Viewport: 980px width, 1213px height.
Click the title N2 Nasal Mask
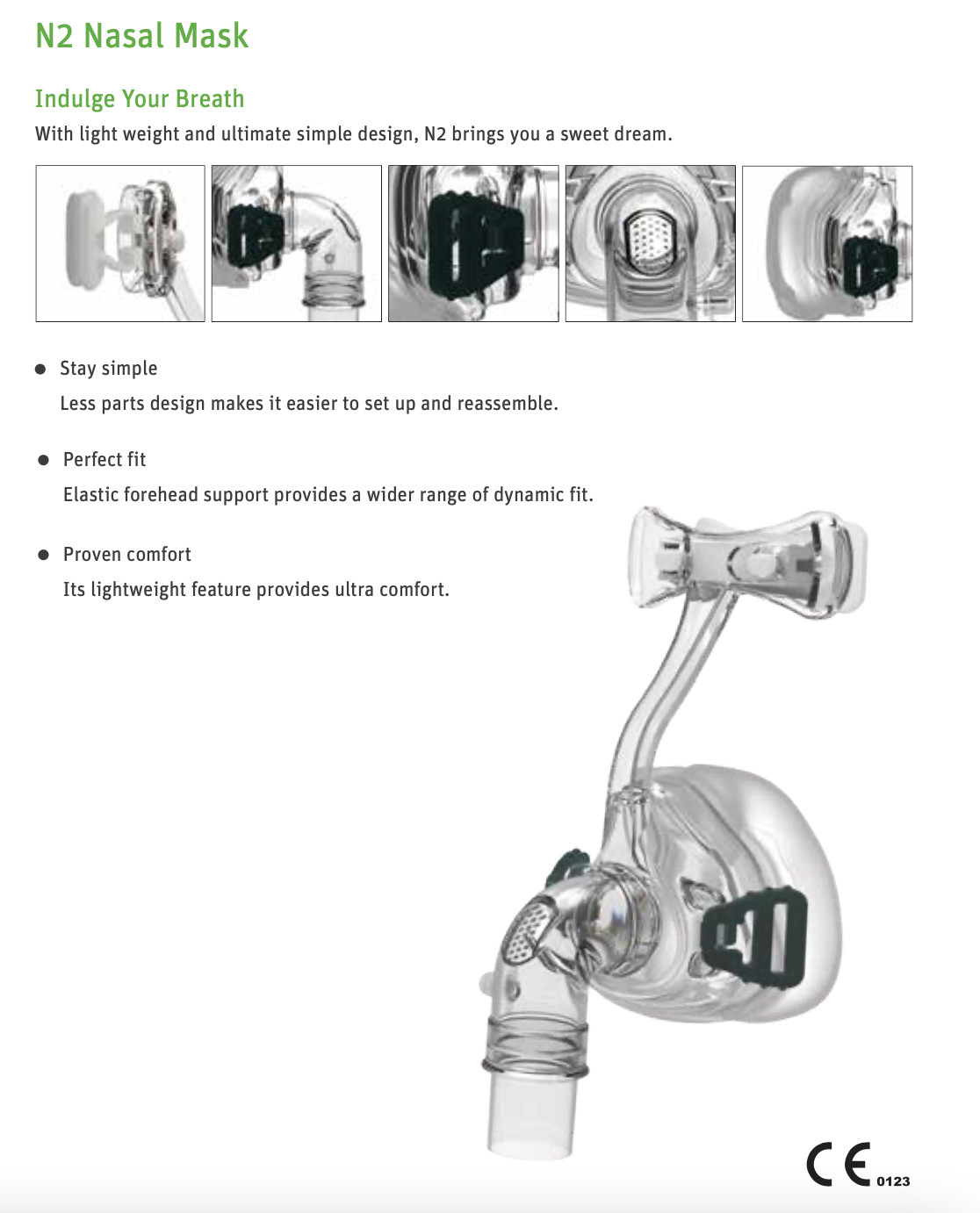point(142,37)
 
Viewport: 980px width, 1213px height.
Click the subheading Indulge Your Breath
point(140,99)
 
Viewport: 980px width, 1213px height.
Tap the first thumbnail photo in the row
point(120,244)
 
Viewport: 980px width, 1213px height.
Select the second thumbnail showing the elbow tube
point(296,244)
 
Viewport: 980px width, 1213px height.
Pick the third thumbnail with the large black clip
point(473,244)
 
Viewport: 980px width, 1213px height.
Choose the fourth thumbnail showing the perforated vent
point(650,244)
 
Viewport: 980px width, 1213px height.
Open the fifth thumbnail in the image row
point(826,244)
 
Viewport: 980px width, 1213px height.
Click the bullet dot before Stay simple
point(40,370)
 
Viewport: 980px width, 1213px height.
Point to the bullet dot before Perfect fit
point(43,460)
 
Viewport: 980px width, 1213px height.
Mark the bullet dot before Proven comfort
point(43,556)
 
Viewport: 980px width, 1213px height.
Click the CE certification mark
point(839,1165)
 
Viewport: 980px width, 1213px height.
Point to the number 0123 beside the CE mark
point(893,1181)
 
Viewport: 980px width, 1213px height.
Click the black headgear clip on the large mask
point(753,937)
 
